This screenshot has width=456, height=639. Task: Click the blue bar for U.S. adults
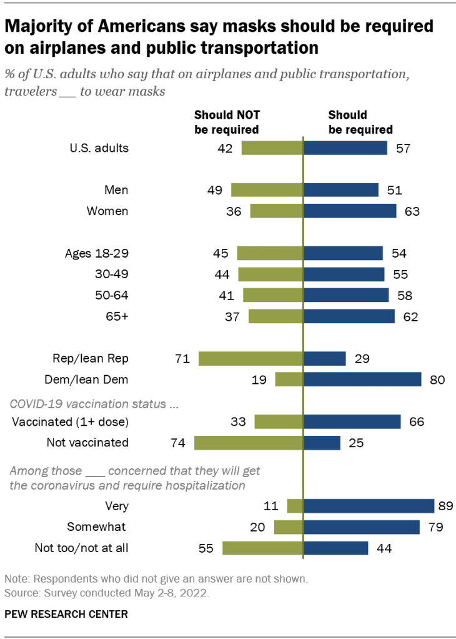(345, 148)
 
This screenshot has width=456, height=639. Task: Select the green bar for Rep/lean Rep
(250, 358)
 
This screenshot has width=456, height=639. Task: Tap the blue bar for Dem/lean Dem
(362, 379)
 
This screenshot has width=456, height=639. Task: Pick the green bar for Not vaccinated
(249, 443)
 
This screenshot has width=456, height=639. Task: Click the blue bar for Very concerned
(369, 506)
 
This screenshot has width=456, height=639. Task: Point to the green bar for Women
(276, 211)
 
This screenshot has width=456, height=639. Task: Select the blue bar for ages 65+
(349, 316)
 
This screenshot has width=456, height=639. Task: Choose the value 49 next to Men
(214, 190)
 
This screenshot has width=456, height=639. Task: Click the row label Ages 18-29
(96, 253)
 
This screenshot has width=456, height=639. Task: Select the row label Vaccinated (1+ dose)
(70, 421)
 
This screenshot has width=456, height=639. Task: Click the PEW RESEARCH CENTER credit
(66, 614)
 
